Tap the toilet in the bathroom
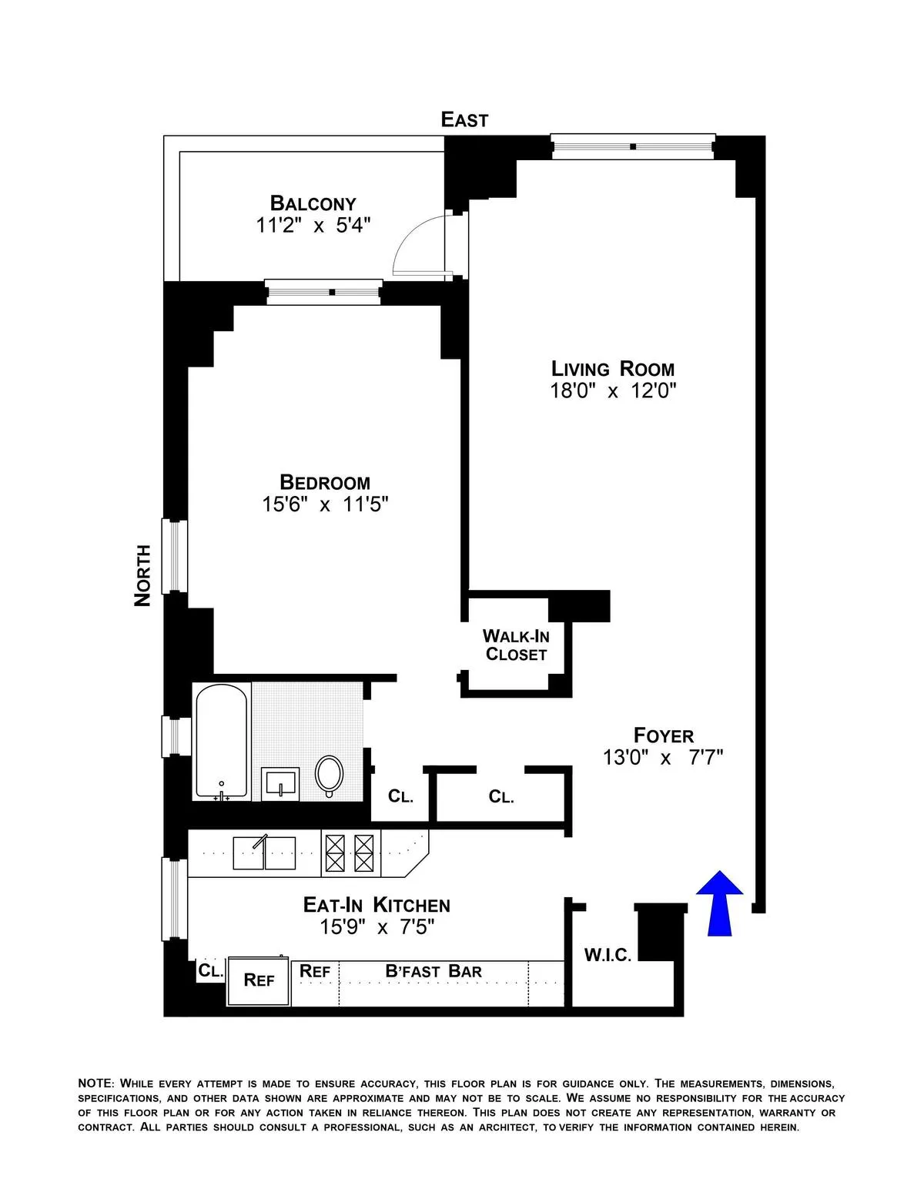(x=330, y=775)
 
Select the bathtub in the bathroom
(x=222, y=741)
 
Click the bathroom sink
(x=281, y=784)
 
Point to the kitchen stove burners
(x=350, y=853)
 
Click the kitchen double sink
(x=264, y=853)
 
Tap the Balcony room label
(x=313, y=203)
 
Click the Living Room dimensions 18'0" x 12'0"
(x=612, y=391)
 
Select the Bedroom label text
(x=324, y=483)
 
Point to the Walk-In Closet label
(x=516, y=645)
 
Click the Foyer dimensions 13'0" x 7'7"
(x=663, y=758)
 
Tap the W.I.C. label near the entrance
(x=608, y=956)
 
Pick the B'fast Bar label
(x=434, y=971)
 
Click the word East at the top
(x=464, y=119)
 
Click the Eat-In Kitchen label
(x=377, y=905)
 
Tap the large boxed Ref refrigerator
(x=259, y=980)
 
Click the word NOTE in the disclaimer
(x=95, y=1084)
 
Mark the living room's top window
(x=632, y=146)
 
